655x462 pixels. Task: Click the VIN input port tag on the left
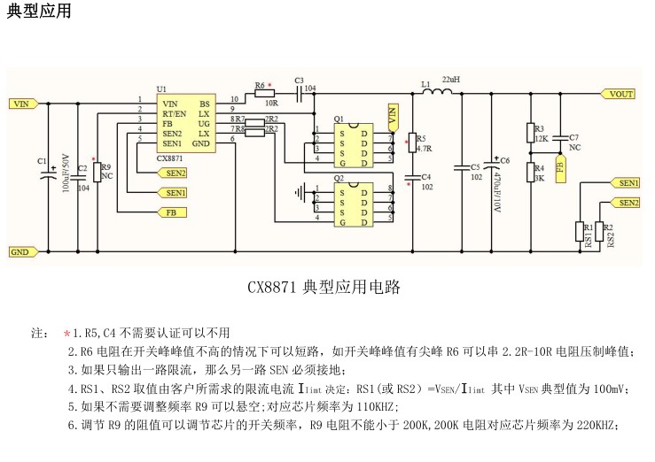pos(21,104)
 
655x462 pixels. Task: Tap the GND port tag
pos(20,251)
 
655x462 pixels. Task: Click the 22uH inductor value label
pos(450,81)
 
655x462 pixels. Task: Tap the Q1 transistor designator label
pos(339,119)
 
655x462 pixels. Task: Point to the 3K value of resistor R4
pos(540,178)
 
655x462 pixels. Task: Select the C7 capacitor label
pos(573,137)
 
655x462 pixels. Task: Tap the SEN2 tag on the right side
pos(628,203)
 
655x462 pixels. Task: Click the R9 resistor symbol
pos(95,169)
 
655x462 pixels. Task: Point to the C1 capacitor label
pos(42,160)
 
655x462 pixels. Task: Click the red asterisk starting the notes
pos(66,334)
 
